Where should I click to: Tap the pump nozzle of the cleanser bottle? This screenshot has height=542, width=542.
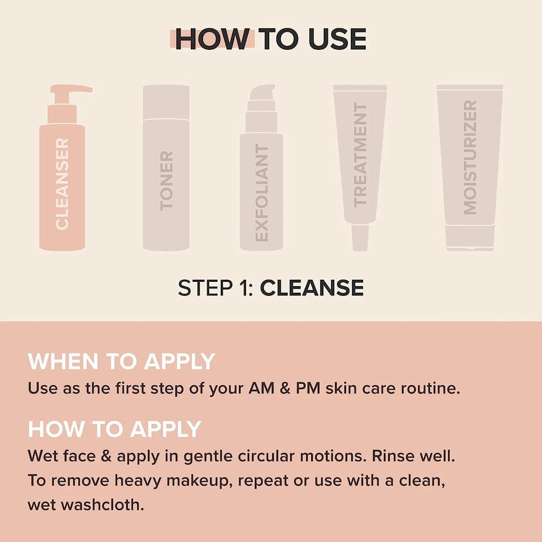79,88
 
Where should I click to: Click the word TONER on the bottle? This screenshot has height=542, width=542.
166,180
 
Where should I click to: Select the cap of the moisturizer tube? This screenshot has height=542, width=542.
470,238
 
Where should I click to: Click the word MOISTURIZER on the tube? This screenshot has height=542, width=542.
470,157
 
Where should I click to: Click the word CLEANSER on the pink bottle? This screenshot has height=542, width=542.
62,184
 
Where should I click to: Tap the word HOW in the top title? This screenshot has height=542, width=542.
212,39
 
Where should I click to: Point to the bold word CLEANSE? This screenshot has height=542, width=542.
312,288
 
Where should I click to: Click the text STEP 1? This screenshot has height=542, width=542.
216,288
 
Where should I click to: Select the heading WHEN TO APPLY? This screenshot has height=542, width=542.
121,361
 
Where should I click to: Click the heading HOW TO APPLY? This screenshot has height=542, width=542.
114,429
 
